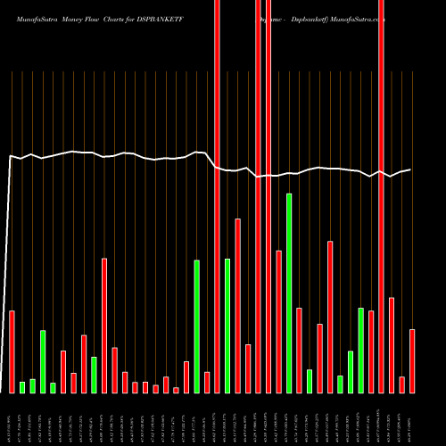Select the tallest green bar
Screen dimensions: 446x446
coord(289,293)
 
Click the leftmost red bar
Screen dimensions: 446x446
coord(12,351)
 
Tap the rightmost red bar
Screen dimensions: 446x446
coord(412,361)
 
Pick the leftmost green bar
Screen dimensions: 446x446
coord(22,387)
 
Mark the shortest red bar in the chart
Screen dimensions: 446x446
coord(176,390)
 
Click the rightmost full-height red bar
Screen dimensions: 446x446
coord(381,196)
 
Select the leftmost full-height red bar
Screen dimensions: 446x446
coord(217,196)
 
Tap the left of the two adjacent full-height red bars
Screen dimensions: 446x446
coord(259,196)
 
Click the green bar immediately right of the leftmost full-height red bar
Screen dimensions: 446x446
coord(227,326)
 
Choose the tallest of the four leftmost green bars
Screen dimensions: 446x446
coord(43,361)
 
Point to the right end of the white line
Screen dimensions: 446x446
coord(410,169)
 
